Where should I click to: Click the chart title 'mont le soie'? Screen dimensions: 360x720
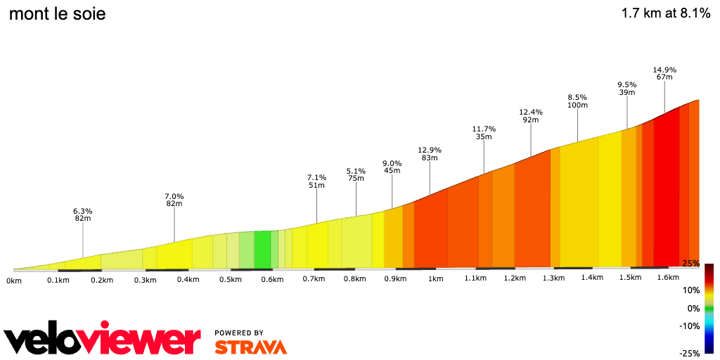(57, 13)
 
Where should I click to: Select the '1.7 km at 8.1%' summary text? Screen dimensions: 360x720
(665, 13)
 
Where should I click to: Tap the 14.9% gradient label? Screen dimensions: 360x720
(664, 70)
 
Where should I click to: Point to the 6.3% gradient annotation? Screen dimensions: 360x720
(83, 211)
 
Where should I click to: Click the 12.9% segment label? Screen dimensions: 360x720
(430, 150)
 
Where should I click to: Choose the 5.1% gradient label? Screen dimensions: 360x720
(356, 171)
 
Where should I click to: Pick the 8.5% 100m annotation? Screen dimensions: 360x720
(577, 101)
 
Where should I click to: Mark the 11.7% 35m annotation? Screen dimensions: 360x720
(484, 133)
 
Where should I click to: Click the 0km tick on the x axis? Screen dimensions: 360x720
(13, 281)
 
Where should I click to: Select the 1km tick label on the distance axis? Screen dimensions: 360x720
(435, 278)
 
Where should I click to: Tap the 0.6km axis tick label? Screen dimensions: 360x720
(271, 279)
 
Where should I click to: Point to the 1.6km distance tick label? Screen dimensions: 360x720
(667, 277)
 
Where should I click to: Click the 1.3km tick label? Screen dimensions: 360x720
(553, 278)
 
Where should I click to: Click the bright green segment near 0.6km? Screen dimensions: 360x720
(262, 249)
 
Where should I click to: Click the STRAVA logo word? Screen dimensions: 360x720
(250, 347)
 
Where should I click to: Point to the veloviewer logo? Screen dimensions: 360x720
(103, 340)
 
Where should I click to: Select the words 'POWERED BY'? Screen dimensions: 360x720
(239, 333)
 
